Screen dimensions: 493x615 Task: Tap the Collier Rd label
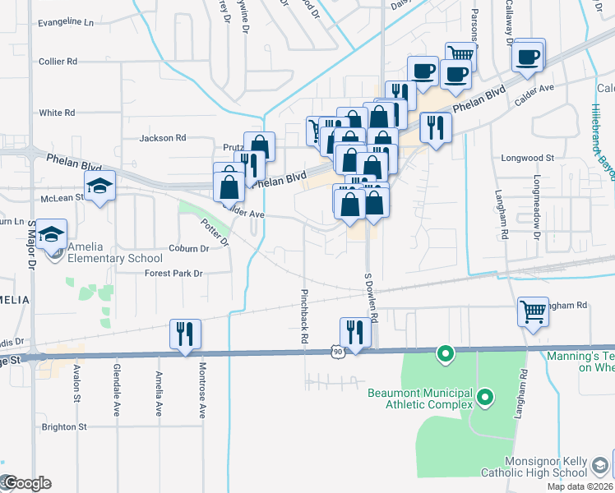tap(58, 61)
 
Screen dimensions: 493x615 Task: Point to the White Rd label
tap(57, 113)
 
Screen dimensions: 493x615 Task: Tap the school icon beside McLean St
tap(99, 187)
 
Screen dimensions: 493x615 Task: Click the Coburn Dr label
tap(190, 248)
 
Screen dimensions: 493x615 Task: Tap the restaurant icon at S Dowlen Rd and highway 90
tap(354, 333)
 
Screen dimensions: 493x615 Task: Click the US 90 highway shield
tap(338, 352)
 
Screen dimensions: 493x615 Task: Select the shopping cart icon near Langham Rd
tap(533, 312)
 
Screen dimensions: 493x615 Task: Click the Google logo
tap(26, 483)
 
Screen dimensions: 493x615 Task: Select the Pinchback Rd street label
tap(304, 316)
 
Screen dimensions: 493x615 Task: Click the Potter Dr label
tap(215, 233)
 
